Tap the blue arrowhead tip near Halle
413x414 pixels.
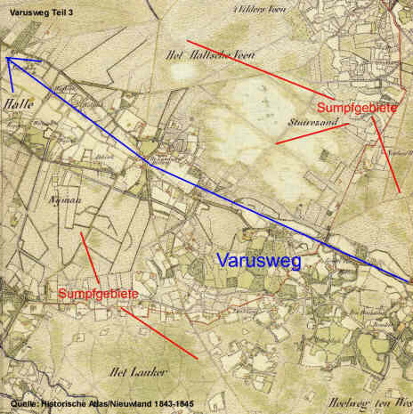6,57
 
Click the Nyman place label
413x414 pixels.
67,200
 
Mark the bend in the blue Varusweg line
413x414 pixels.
150,164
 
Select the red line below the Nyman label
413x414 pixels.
89,254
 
